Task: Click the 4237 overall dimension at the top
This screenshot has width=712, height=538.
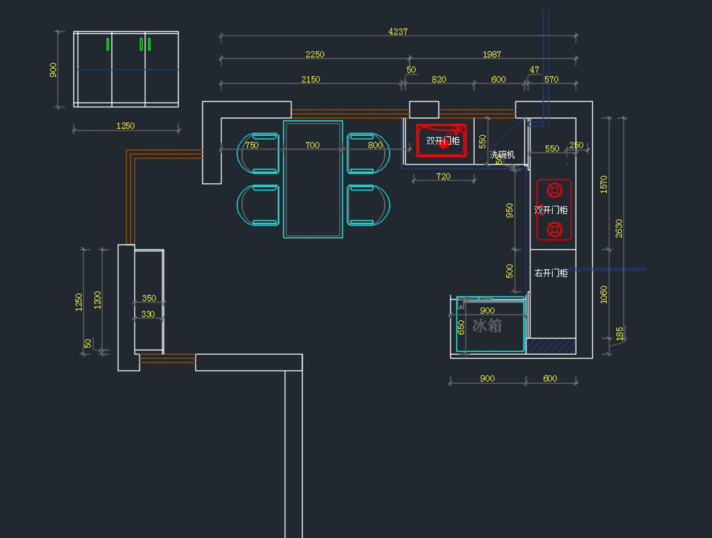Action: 398,31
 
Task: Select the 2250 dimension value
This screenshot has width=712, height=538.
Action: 314,55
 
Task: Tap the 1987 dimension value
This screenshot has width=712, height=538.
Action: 491,55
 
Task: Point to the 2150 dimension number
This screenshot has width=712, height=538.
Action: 310,79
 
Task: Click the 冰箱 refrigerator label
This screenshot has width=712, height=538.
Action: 487,326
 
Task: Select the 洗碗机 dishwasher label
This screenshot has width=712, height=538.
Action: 502,155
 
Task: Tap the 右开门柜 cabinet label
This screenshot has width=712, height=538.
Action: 551,273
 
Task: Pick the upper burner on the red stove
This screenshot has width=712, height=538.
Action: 554,190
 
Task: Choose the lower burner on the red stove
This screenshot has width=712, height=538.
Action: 554,228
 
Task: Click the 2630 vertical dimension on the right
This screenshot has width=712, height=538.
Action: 619,228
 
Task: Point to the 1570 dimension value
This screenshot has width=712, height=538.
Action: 604,184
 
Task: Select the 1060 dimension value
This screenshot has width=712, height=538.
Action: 604,294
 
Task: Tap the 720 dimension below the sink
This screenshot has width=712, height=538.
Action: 443,176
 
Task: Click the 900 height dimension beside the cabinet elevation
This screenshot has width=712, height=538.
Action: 53,70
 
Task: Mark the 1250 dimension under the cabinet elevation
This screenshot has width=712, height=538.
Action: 125,126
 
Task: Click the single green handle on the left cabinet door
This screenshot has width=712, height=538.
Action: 107,44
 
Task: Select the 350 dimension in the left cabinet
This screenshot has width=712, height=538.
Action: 148,298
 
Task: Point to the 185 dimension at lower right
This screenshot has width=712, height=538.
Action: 620,334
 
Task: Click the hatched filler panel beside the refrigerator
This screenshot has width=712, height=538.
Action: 552,346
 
